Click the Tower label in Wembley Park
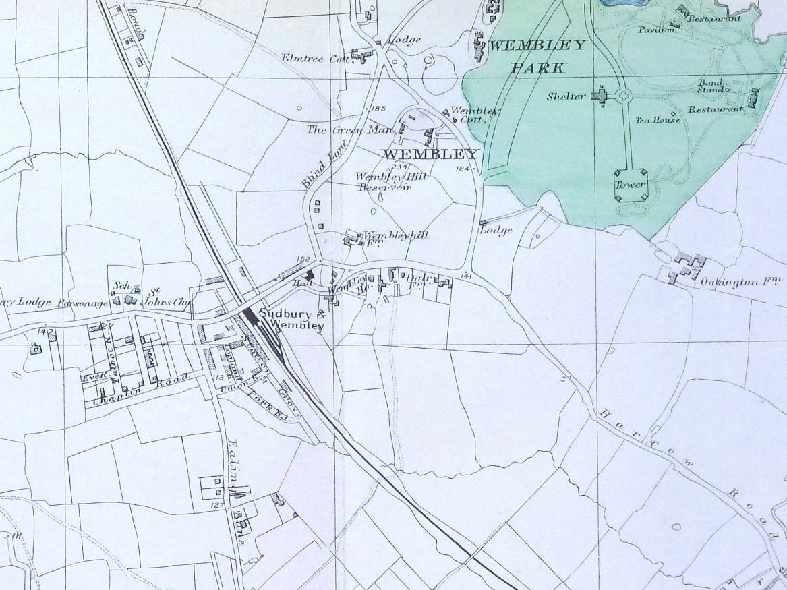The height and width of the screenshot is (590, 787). tap(630, 185)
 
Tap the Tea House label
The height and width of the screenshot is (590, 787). tap(658, 121)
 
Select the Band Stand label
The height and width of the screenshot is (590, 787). tap(711, 86)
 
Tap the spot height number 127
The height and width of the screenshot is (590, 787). tap(217, 504)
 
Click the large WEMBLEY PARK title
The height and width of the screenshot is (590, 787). tap(537, 56)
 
